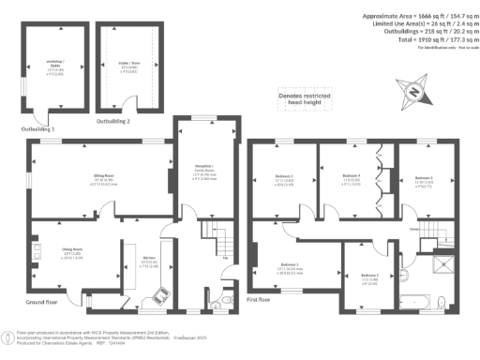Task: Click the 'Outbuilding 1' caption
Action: (39, 127)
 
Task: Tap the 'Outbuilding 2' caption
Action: (113, 121)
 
